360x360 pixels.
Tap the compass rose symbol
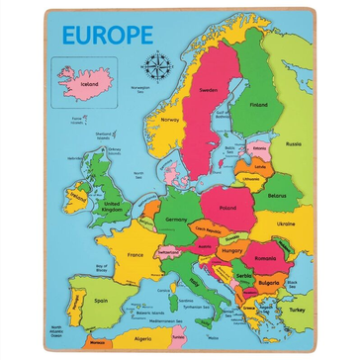tap(155, 66)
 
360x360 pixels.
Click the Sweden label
tap(208, 89)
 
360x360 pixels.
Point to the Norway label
tap(170, 120)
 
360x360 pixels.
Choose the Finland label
tap(259, 104)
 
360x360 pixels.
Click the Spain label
tap(100, 297)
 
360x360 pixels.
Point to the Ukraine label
tap(285, 224)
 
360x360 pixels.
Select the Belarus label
tap(276, 196)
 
